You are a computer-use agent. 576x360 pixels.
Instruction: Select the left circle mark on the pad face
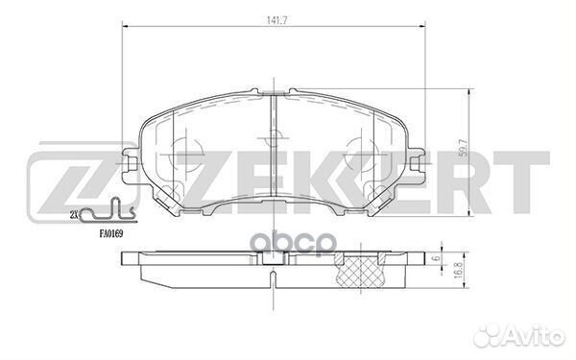188,155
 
